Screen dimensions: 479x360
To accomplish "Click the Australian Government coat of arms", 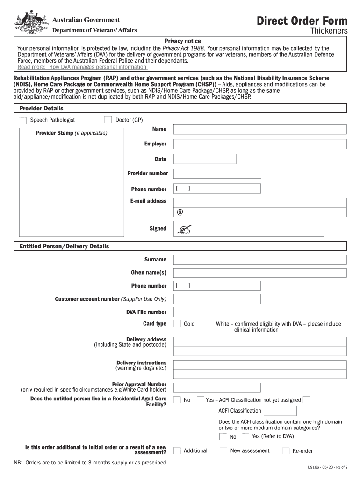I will (x=30, y=22).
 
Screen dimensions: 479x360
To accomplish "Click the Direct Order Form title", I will (x=302, y=21).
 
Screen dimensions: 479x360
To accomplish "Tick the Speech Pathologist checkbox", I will (x=23, y=121).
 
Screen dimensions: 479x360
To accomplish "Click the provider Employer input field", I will (x=260, y=144).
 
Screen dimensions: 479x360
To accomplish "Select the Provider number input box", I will (x=217, y=174).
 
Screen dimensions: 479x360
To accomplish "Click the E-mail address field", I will (x=260, y=207).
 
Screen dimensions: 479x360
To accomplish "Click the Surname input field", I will (x=260, y=260).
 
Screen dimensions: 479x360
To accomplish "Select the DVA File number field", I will (x=210, y=312).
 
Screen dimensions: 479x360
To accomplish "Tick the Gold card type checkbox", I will (x=177, y=324).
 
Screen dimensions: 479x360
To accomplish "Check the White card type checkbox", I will (x=209, y=324).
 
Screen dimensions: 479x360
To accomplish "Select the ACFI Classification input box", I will (x=280, y=411).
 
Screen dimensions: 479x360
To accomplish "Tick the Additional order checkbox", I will (x=177, y=450).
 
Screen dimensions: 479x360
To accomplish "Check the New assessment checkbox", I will (x=223, y=450).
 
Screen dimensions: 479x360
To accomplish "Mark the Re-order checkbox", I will (x=286, y=451).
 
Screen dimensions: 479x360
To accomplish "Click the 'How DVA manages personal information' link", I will (x=82, y=67).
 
